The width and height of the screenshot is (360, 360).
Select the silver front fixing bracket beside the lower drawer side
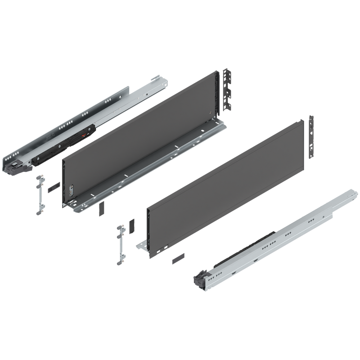tap(120, 244)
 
